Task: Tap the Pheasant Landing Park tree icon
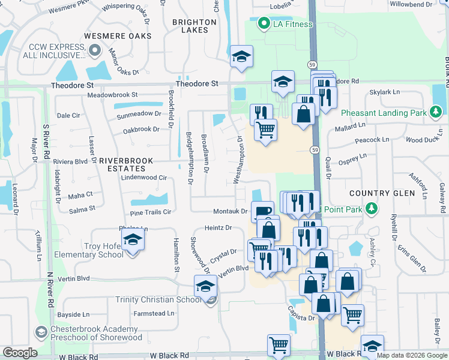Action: [x=436, y=112]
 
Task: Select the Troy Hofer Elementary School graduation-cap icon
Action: [x=133, y=241]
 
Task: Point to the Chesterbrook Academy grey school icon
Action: [x=41, y=332]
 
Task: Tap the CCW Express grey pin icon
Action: [x=94, y=51]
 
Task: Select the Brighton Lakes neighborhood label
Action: [x=194, y=26]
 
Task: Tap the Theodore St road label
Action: [x=197, y=85]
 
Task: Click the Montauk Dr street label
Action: [x=231, y=211]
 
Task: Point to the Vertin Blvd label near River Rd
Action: [x=75, y=278]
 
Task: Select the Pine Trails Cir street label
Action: [x=151, y=212]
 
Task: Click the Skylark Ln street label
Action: [x=384, y=92]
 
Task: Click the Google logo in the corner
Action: [x=20, y=353]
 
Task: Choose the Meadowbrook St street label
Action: [x=112, y=95]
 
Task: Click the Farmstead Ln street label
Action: [x=154, y=313]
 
